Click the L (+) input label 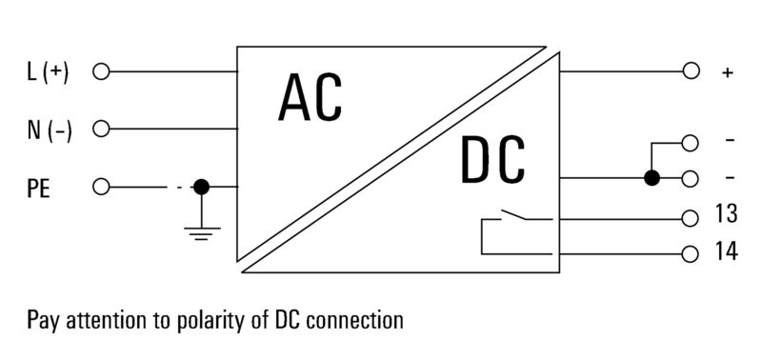pyautogui.click(x=48, y=72)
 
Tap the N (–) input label pyautogui.click(x=50, y=130)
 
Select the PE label pyautogui.click(x=38, y=189)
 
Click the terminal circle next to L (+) pyautogui.click(x=101, y=71)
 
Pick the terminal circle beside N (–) pyautogui.click(x=101, y=130)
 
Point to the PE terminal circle pyautogui.click(x=101, y=187)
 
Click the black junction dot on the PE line pyautogui.click(x=201, y=187)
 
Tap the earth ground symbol pyautogui.click(x=201, y=233)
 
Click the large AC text pyautogui.click(x=311, y=98)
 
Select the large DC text pyautogui.click(x=492, y=159)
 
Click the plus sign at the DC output pyautogui.click(x=727, y=73)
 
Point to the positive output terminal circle pyautogui.click(x=691, y=70)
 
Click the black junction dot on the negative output pyautogui.click(x=652, y=178)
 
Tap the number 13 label pyautogui.click(x=726, y=213)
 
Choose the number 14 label pyautogui.click(x=726, y=251)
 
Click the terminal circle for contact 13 pyautogui.click(x=690, y=219)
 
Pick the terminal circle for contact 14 pyautogui.click(x=690, y=254)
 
